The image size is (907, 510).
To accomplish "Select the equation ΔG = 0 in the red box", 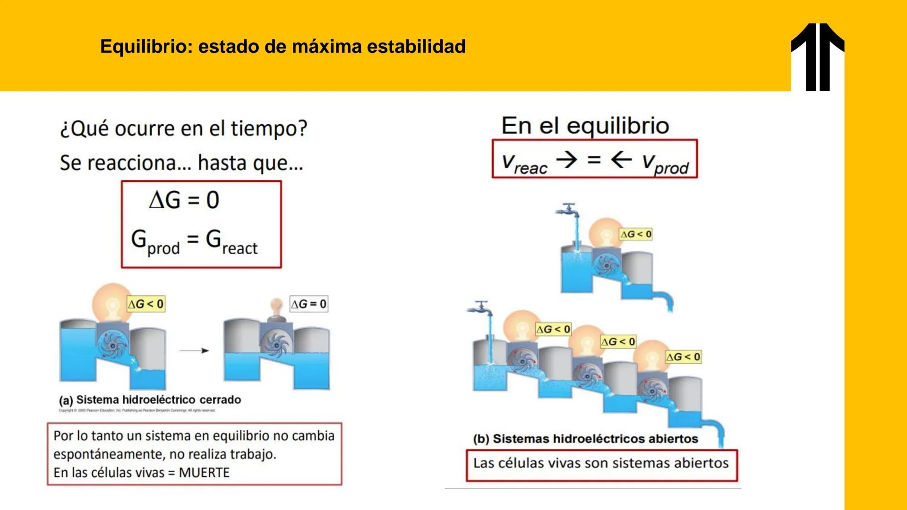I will point(184,200).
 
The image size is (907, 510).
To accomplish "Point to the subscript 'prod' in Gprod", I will point(163,248).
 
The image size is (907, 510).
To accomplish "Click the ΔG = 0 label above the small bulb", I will point(308,304).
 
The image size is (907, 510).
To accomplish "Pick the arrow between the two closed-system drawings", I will point(194,350).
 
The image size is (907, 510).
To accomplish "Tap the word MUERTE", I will point(204,473).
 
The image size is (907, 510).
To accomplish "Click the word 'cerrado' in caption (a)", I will point(220,400).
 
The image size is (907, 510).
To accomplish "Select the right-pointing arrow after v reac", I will point(566,160).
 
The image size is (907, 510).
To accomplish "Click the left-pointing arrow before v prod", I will point(621,160).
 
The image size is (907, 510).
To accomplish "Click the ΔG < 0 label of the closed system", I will point(146,304).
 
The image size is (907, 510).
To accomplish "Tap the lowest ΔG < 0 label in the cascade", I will point(683,357).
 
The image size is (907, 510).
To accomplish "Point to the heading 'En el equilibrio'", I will point(585,126).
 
